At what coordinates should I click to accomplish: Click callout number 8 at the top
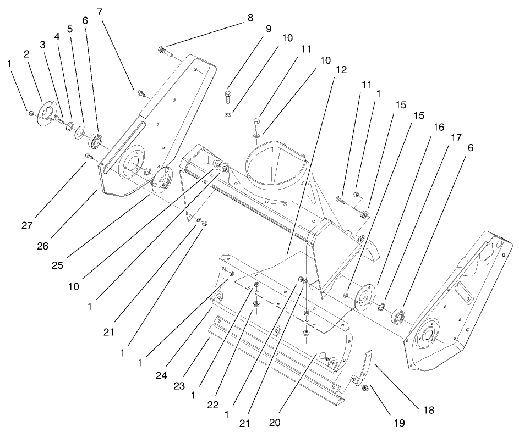coord(250,18)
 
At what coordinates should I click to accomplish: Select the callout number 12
coord(341,70)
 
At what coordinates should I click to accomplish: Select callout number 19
coord(399,423)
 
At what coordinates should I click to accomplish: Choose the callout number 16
coord(438,126)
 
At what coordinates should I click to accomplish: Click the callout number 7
coord(100,11)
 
